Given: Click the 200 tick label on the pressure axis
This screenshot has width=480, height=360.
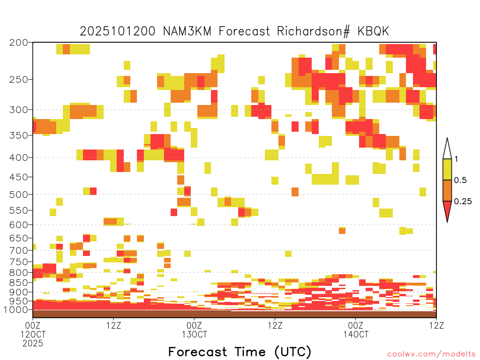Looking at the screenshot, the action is click(x=19, y=43).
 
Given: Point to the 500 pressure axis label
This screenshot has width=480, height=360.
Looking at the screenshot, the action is click(x=19, y=195).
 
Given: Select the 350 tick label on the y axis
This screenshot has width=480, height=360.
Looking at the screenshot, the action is click(x=19, y=135).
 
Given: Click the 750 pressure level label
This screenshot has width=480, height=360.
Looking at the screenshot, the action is click(x=19, y=262).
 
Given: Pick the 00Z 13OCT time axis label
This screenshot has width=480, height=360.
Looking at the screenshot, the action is click(x=195, y=330).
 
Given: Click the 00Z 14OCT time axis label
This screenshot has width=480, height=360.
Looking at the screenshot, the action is click(x=356, y=330).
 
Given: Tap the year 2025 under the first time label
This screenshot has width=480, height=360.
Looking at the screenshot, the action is click(x=33, y=344).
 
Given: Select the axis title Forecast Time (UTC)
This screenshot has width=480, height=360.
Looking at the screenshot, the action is click(x=240, y=352).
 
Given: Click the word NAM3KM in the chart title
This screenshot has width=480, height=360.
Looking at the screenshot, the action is click(x=187, y=31).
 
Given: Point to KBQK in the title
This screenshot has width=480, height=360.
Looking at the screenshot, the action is click(x=373, y=31).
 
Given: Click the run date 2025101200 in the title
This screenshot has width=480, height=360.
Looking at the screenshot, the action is click(x=118, y=31).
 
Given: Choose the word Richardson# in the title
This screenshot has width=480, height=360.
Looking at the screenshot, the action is click(x=314, y=31).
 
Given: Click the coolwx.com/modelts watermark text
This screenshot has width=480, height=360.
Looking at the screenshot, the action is click(x=431, y=354).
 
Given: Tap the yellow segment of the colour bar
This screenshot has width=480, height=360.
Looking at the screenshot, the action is click(x=447, y=169).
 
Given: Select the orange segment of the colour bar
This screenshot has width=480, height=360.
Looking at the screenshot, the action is click(x=447, y=190).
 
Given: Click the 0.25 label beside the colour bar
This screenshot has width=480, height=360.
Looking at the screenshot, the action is click(x=463, y=202).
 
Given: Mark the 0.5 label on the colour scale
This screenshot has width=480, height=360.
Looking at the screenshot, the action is click(x=460, y=180).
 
